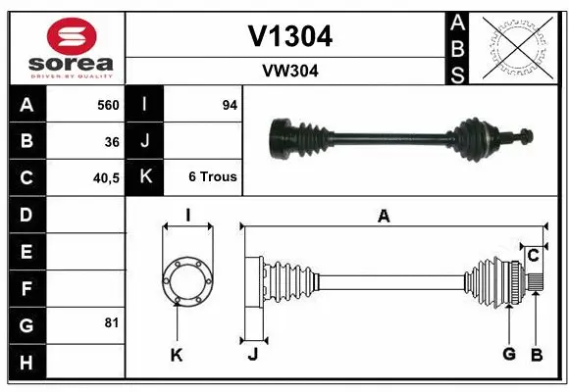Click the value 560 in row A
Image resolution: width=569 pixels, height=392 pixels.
point(107,105)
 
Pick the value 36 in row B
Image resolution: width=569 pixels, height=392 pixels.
point(112,141)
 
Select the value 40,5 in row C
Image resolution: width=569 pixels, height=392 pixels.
point(105,177)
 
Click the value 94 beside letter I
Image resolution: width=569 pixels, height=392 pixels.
point(230,105)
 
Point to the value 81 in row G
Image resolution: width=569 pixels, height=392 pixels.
point(112,322)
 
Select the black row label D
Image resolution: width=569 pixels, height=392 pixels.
point(26,215)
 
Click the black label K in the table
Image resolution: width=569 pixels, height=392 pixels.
point(145,177)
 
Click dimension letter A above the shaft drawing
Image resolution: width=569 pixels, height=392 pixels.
point(384,217)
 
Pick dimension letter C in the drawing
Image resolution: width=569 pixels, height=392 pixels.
point(534,256)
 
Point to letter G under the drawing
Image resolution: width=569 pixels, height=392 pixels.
point(509,354)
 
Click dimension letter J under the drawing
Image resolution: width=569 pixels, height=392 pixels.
point(252,355)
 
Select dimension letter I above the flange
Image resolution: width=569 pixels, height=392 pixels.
point(187,216)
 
